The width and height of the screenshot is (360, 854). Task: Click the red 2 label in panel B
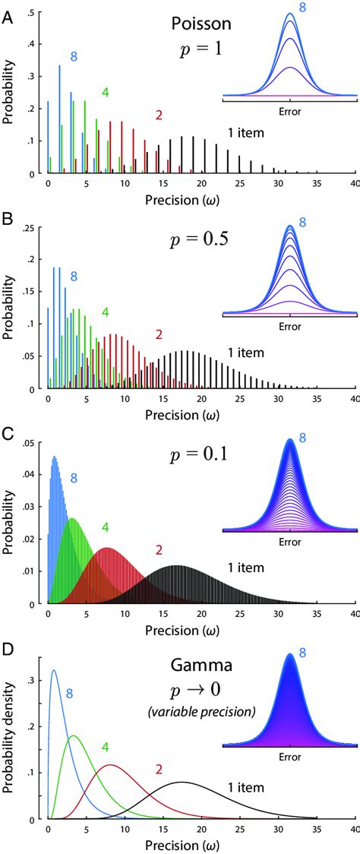pos(159,333)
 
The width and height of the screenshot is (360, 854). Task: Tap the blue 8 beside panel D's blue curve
pos(69,693)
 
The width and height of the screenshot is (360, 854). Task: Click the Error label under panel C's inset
pos(289,543)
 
